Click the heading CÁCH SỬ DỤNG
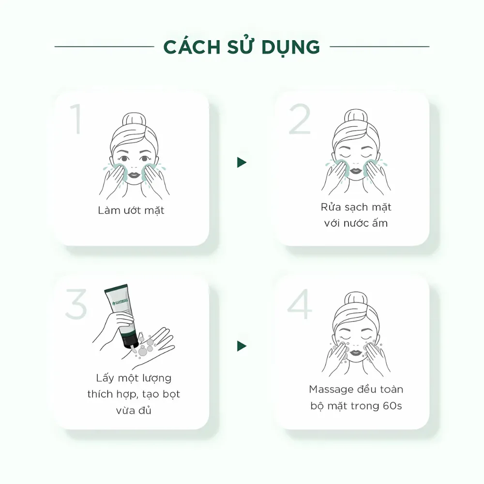coord(242,47)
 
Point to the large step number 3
coord(76,303)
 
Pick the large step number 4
coord(299,304)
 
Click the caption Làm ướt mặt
coord(131,211)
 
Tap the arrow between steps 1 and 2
coord(242,163)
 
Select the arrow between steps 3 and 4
coord(242,346)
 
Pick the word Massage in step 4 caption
coord(331,389)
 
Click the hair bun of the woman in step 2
coord(356,117)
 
